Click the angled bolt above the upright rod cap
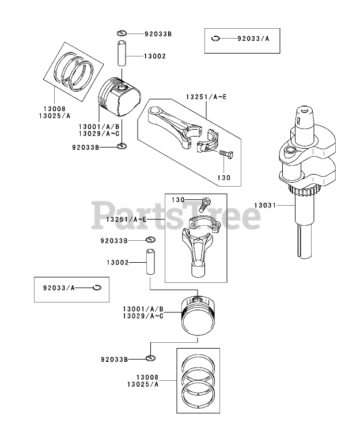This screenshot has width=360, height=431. [x=204, y=203]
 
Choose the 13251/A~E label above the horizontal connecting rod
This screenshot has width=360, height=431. [x=206, y=96]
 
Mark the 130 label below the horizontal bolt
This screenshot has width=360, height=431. [x=224, y=178]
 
